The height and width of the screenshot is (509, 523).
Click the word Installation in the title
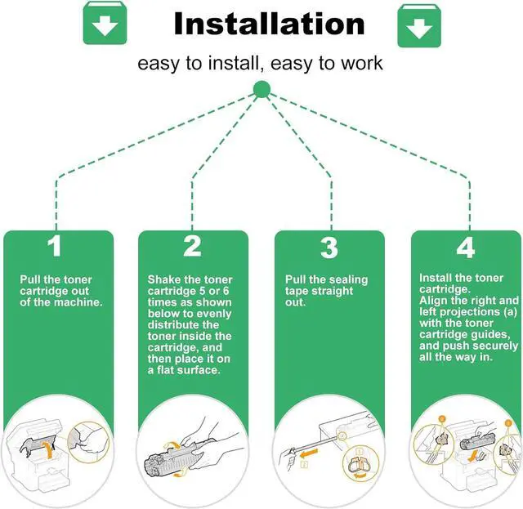pyautogui.click(x=269, y=24)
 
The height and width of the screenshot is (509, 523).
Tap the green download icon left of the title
pyautogui.click(x=105, y=23)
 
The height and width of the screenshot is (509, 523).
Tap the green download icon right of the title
pyautogui.click(x=419, y=25)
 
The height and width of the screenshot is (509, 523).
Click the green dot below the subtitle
pyautogui.click(x=261, y=89)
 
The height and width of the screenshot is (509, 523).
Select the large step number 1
pyautogui.click(x=55, y=246)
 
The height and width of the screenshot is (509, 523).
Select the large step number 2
pyautogui.click(x=193, y=246)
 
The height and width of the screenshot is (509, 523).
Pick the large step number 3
pyautogui.click(x=329, y=248)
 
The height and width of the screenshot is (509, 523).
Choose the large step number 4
pyautogui.click(x=466, y=248)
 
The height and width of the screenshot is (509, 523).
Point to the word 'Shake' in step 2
pyautogui.click(x=162, y=279)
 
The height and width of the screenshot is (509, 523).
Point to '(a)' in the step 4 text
pyautogui.click(x=509, y=312)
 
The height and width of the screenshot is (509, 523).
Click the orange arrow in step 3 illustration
pyautogui.click(x=308, y=453)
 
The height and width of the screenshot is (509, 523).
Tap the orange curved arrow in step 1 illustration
pyautogui.click(x=48, y=450)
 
